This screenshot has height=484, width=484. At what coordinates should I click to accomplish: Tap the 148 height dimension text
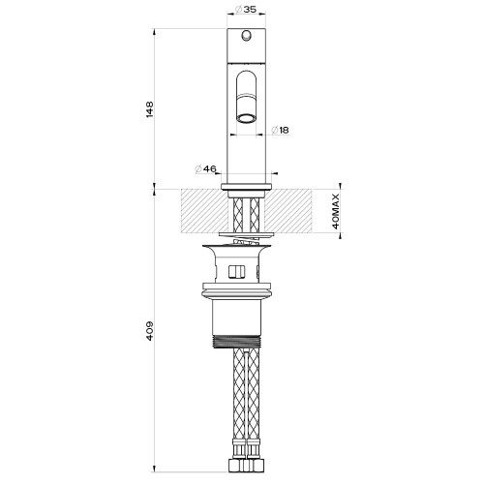click(148, 106)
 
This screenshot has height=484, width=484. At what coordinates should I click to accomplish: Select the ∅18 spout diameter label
click(281, 130)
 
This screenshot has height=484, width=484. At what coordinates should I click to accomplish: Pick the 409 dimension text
click(148, 331)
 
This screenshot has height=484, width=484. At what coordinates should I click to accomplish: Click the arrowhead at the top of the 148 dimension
click(155, 31)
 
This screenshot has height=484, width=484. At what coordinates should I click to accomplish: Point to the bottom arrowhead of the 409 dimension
click(155, 473)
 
